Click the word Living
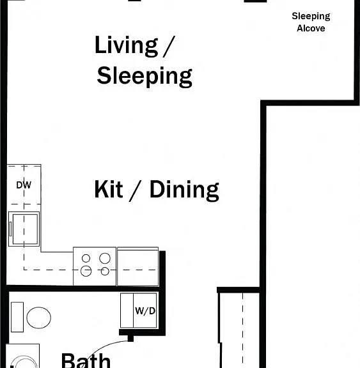(x=127, y=46)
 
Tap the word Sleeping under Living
(x=145, y=77)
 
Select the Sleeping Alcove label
(x=311, y=22)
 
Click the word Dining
(x=184, y=190)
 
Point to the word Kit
(x=109, y=189)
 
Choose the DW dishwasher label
(x=24, y=185)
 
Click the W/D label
(x=145, y=311)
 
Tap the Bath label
(x=86, y=360)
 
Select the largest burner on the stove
(x=105, y=258)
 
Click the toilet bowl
(x=39, y=318)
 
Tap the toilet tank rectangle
(x=17, y=317)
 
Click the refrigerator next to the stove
(x=138, y=266)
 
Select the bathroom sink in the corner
(x=22, y=356)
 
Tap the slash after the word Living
(x=169, y=46)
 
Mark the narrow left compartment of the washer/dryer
(x=127, y=310)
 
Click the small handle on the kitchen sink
(x=10, y=229)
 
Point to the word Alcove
(x=311, y=28)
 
